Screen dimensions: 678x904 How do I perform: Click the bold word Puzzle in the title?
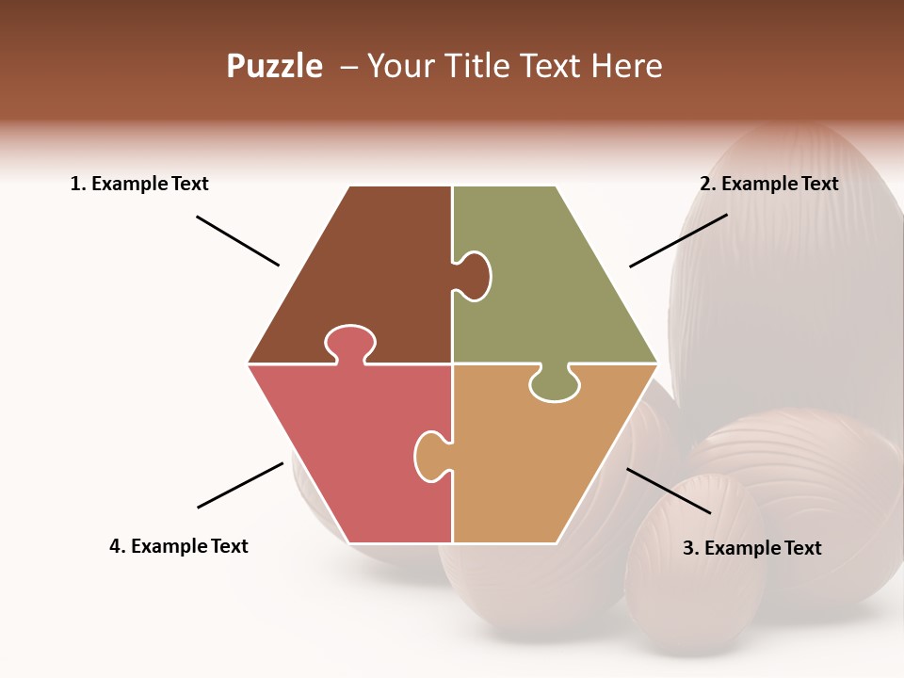(x=274, y=67)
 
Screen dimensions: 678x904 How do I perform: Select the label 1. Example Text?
(x=139, y=185)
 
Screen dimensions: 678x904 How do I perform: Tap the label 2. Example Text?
(x=768, y=185)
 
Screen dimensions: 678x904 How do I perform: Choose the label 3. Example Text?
(x=751, y=548)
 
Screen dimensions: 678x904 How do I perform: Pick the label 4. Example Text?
(x=179, y=546)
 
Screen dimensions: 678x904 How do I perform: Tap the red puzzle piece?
(x=348, y=443)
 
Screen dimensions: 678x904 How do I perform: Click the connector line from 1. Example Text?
(x=237, y=241)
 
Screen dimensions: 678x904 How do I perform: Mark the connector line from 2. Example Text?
(x=678, y=240)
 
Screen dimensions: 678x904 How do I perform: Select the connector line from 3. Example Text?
(x=669, y=491)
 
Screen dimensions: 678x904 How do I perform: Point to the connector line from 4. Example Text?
(x=240, y=485)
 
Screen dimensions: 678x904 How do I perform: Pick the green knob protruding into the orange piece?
(x=555, y=385)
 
